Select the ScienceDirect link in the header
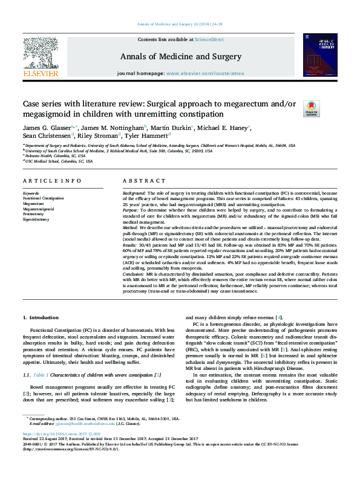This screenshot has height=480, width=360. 210,39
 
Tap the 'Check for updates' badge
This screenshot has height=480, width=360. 311,109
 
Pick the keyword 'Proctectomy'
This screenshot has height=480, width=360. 34,213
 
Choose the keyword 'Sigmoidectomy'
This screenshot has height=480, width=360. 36,218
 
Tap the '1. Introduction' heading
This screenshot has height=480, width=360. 41,317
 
